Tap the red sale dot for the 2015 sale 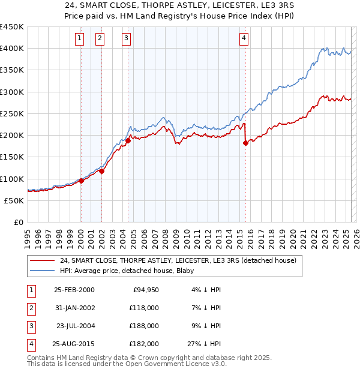[245, 143]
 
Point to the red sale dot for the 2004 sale [128, 140]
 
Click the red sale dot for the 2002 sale [102, 171]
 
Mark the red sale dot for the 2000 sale [81, 181]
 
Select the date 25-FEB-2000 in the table [74, 290]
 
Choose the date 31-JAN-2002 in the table [74, 308]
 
